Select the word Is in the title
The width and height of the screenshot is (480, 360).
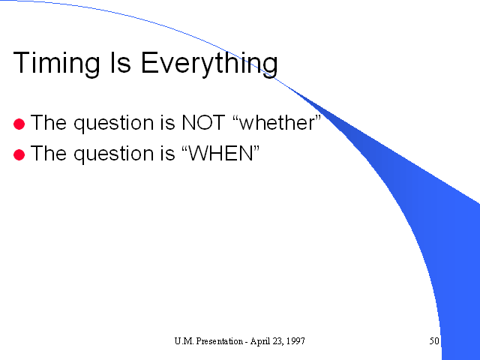pos(120,62)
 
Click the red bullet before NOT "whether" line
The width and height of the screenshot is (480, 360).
pos(19,124)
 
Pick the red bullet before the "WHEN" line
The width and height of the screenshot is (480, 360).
pos(19,154)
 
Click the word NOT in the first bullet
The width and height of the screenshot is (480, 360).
pos(203,122)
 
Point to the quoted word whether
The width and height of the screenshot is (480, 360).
pos(277,122)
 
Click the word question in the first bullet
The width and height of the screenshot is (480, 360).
pos(113,124)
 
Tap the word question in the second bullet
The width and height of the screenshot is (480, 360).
pos(113,154)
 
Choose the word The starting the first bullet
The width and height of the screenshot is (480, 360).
pos(48,122)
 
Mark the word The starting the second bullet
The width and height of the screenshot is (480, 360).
pos(48,153)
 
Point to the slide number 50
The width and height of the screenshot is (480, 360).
pos(434,341)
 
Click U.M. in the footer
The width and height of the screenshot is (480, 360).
pos(184,341)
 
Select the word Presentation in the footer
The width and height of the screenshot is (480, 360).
pos(219,341)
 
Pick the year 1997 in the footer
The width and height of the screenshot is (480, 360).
pos(296,341)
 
